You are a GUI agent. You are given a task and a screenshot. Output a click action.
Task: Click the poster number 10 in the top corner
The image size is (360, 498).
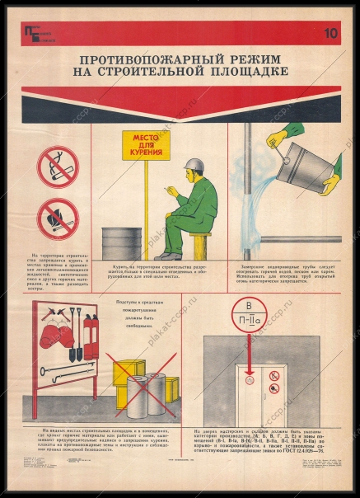pos(330,34)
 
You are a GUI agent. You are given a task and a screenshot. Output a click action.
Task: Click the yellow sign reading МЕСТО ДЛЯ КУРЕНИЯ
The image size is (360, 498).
pos(144,146)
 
